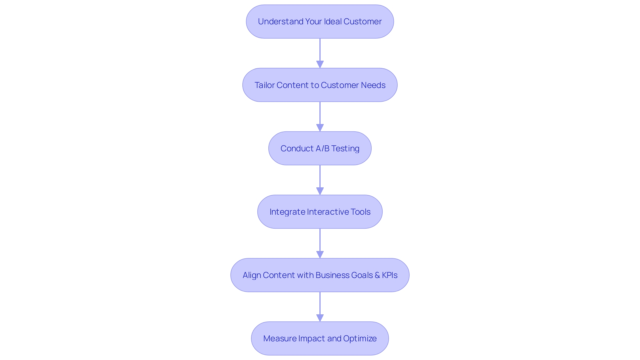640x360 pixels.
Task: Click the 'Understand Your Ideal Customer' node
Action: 320,22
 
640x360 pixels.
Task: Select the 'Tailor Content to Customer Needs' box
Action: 320,85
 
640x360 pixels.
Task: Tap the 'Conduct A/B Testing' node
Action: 320,148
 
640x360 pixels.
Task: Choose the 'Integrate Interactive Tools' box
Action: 320,212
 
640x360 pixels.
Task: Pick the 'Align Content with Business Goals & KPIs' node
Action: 320,275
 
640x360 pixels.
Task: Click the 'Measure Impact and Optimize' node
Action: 320,338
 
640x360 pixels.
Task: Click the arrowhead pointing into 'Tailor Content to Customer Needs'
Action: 320,64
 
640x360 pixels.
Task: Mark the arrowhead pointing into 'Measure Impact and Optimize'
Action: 320,318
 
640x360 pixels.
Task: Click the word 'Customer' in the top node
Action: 362,22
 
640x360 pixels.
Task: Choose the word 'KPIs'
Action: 389,275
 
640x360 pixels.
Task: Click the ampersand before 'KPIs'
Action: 377,275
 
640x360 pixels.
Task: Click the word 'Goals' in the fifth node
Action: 362,275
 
